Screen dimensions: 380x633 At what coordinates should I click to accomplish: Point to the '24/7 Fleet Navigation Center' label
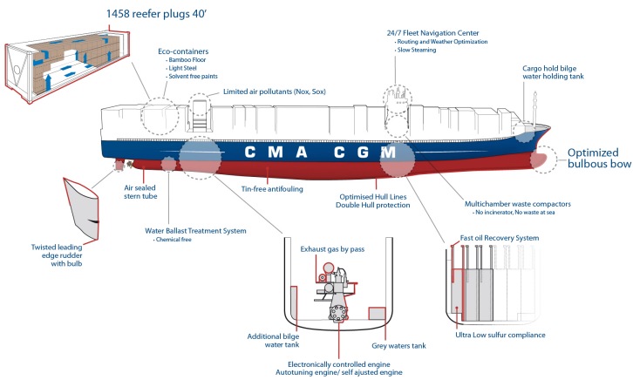(432, 32)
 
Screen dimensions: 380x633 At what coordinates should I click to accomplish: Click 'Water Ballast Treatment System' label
(195, 231)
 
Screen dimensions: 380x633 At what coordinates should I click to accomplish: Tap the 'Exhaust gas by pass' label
(339, 249)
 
